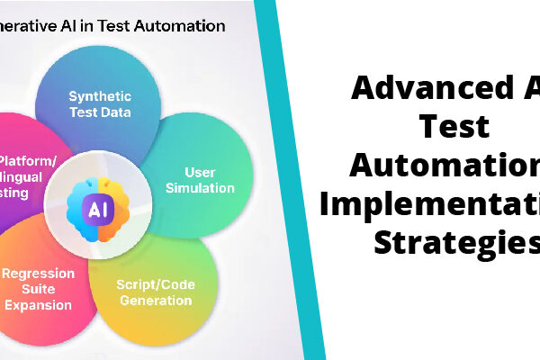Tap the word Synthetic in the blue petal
(100, 96)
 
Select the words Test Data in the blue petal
(100, 112)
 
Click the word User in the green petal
(200, 172)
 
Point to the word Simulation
(200, 188)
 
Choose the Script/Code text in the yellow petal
(156, 284)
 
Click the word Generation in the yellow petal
(156, 301)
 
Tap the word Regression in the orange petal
(38, 273)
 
